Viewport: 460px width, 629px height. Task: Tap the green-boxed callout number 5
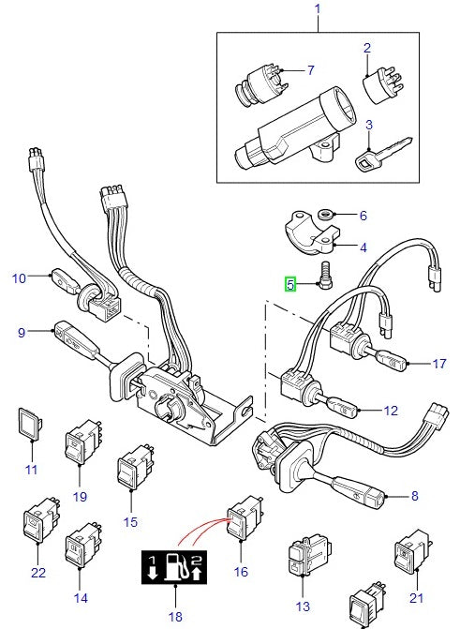point(291,284)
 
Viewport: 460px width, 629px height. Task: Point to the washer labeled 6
point(328,215)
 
